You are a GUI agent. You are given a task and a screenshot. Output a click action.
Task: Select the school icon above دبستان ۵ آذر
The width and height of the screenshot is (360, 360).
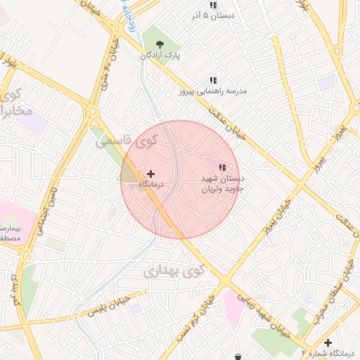212,6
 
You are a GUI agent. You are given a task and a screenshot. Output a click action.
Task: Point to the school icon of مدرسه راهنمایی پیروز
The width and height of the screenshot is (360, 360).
212,82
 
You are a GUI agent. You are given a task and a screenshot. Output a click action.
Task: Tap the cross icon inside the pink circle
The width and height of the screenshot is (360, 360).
150,173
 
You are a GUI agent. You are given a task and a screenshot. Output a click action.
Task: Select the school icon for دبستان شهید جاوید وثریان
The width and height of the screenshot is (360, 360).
222,168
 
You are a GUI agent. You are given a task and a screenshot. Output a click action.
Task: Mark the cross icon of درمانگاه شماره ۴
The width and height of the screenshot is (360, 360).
328,342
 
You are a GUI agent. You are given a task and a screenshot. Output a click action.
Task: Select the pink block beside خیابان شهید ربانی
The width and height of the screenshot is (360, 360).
232,308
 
